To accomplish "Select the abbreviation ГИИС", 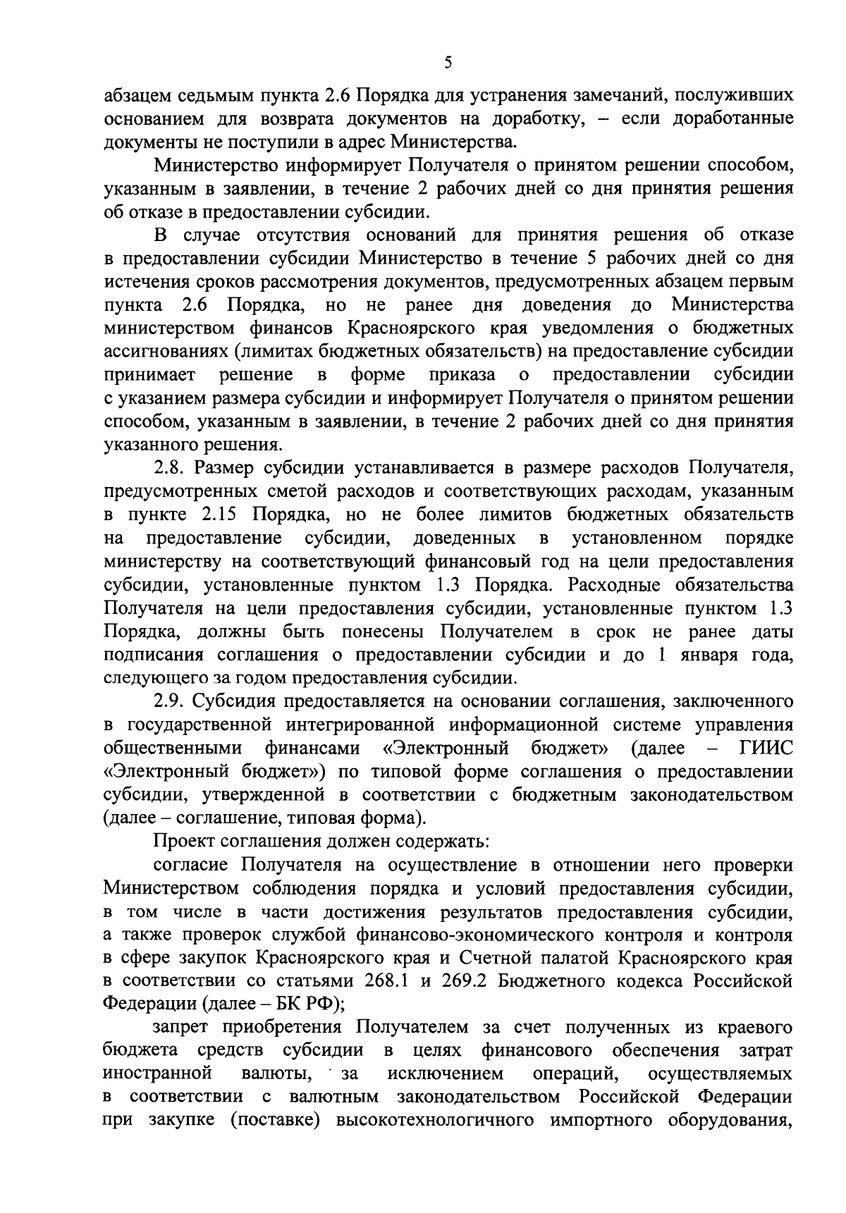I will click(766, 748).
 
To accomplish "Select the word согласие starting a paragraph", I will click(192, 865).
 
